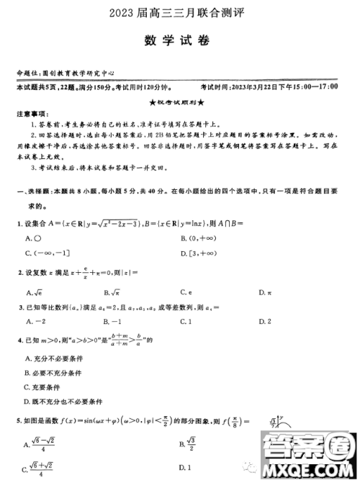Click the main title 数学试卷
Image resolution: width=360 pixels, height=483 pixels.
click(180, 41)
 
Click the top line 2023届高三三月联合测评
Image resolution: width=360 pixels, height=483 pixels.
click(179, 13)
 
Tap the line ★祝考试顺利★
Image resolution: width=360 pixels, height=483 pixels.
click(179, 102)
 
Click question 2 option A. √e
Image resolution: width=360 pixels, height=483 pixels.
click(34, 292)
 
